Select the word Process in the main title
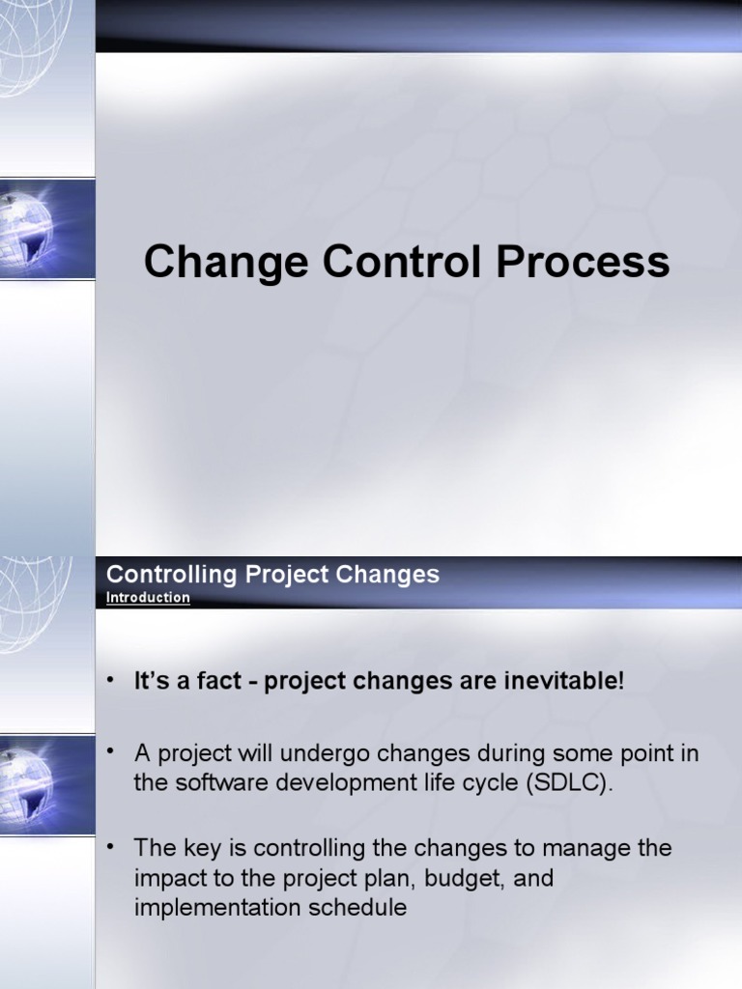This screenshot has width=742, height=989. (583, 262)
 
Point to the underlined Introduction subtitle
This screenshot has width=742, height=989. (148, 597)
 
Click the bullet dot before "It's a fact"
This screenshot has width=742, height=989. (112, 680)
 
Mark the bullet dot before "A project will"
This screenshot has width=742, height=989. (112, 750)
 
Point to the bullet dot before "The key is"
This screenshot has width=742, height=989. (112, 846)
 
